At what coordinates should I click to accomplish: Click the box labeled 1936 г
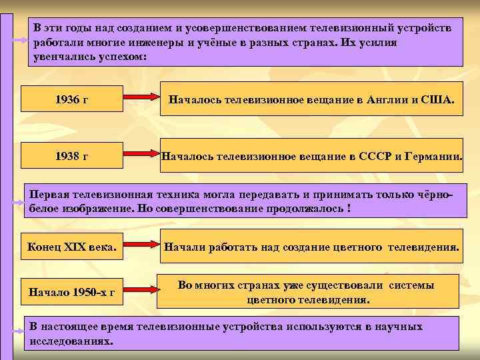click(73, 99)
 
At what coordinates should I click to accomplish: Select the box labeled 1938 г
click(73, 157)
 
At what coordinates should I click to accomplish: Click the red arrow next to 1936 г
click(141, 99)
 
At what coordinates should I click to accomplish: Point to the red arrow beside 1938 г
click(141, 156)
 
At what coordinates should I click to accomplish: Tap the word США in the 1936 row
click(439, 100)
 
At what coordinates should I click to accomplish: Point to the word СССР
click(372, 157)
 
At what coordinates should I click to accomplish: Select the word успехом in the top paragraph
click(122, 57)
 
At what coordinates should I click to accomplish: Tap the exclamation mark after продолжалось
click(349, 208)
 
